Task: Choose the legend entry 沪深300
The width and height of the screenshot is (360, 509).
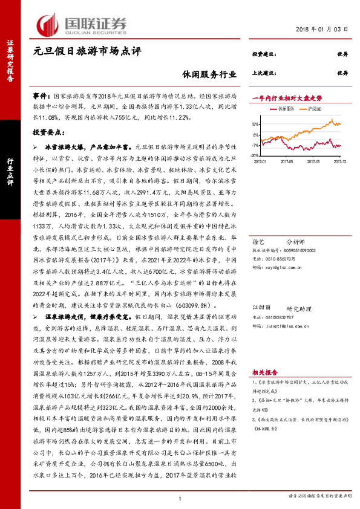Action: click(x=312, y=109)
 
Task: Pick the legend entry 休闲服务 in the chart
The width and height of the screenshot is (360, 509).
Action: click(x=286, y=109)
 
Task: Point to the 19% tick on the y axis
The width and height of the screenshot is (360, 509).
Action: click(x=256, y=123)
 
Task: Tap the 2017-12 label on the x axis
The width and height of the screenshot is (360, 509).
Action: click(x=339, y=161)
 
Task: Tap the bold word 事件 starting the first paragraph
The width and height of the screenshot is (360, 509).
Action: click(x=41, y=96)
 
